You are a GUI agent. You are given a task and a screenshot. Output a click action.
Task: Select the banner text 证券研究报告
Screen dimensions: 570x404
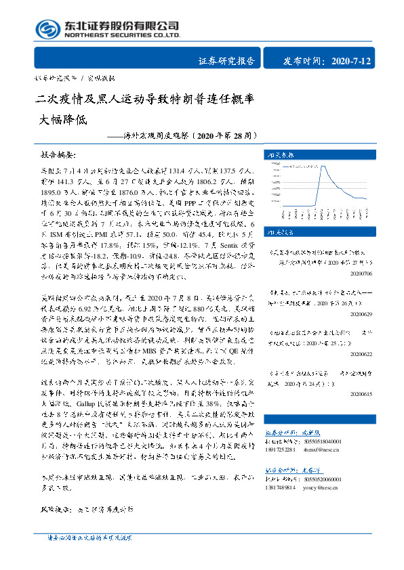(226, 61)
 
